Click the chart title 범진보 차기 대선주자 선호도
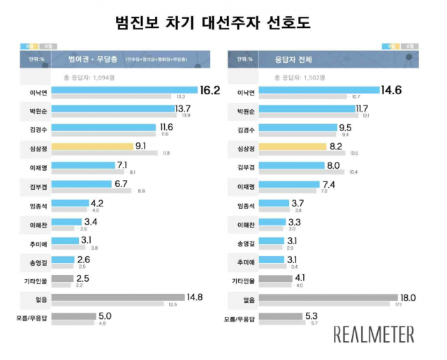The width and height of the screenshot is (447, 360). (223, 22)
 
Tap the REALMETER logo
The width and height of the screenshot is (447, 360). (374, 333)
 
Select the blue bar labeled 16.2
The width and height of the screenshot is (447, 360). (124, 89)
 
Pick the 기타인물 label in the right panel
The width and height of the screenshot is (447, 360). (244, 279)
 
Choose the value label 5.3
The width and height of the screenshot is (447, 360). (313, 316)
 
